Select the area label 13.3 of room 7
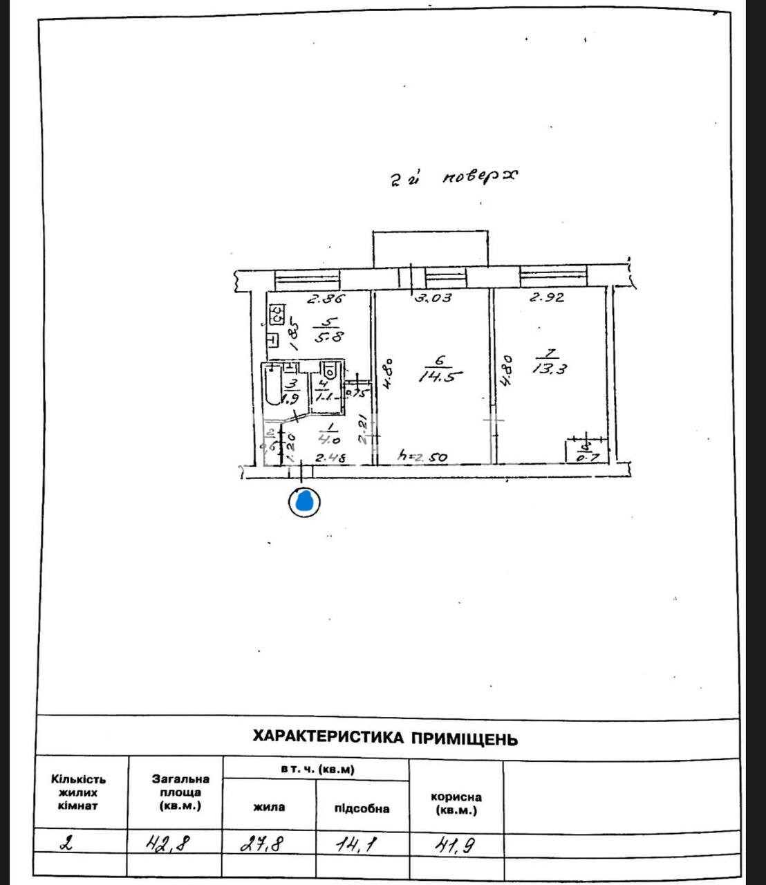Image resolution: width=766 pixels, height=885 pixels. pos(550,369)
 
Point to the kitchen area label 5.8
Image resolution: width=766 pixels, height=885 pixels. pos(328,337)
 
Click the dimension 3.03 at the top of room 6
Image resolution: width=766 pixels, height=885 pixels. pos(433,298)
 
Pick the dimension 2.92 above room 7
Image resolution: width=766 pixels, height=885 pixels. pos(547,298)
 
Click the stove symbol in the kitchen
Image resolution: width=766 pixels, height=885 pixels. pos(277,316)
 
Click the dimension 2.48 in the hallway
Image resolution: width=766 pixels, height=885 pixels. pos(331,457)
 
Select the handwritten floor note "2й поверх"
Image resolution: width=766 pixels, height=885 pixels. pos(453,178)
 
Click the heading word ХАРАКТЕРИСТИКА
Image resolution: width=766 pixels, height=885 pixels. pos(328,737)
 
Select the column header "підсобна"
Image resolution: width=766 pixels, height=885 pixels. pos(362,808)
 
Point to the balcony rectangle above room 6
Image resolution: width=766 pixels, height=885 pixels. pos(430,249)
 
